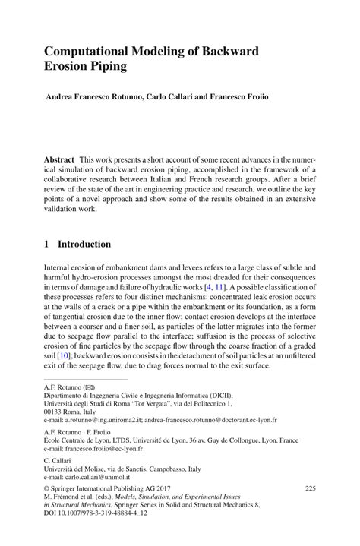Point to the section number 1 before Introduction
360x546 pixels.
click(x=46, y=244)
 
